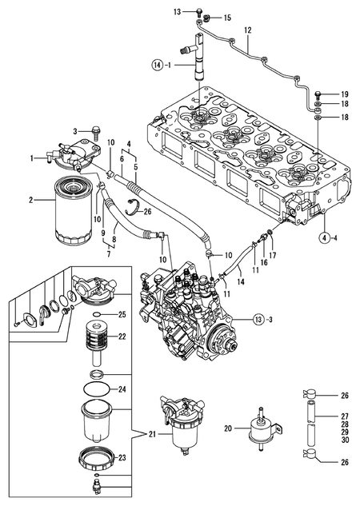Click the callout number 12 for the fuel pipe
pos(248,30)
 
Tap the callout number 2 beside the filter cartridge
pos(31,201)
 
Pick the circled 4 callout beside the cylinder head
pos(324,237)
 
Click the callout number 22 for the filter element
pos(122,337)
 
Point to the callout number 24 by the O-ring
pos(122,390)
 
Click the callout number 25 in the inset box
pos(122,314)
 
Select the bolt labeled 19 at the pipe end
pos(318,94)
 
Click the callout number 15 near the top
pos(226,17)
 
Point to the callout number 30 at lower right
pos(345,440)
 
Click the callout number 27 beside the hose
pos(345,416)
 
